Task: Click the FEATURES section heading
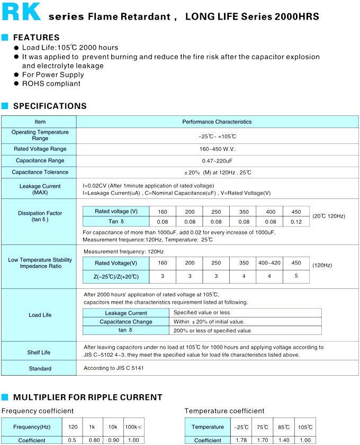click(36, 38)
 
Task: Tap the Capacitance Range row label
click(40, 160)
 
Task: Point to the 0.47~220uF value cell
click(217, 160)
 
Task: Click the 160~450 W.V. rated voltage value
click(217, 149)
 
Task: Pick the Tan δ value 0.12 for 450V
click(296, 222)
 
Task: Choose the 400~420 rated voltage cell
click(269, 263)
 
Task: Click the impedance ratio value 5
click(296, 276)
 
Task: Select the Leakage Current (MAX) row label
click(40, 189)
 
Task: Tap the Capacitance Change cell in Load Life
click(126, 322)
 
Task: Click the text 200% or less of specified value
click(212, 331)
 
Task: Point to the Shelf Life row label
click(39, 352)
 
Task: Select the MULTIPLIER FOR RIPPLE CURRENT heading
click(87, 397)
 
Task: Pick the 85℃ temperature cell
click(284, 427)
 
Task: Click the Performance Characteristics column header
click(217, 122)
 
